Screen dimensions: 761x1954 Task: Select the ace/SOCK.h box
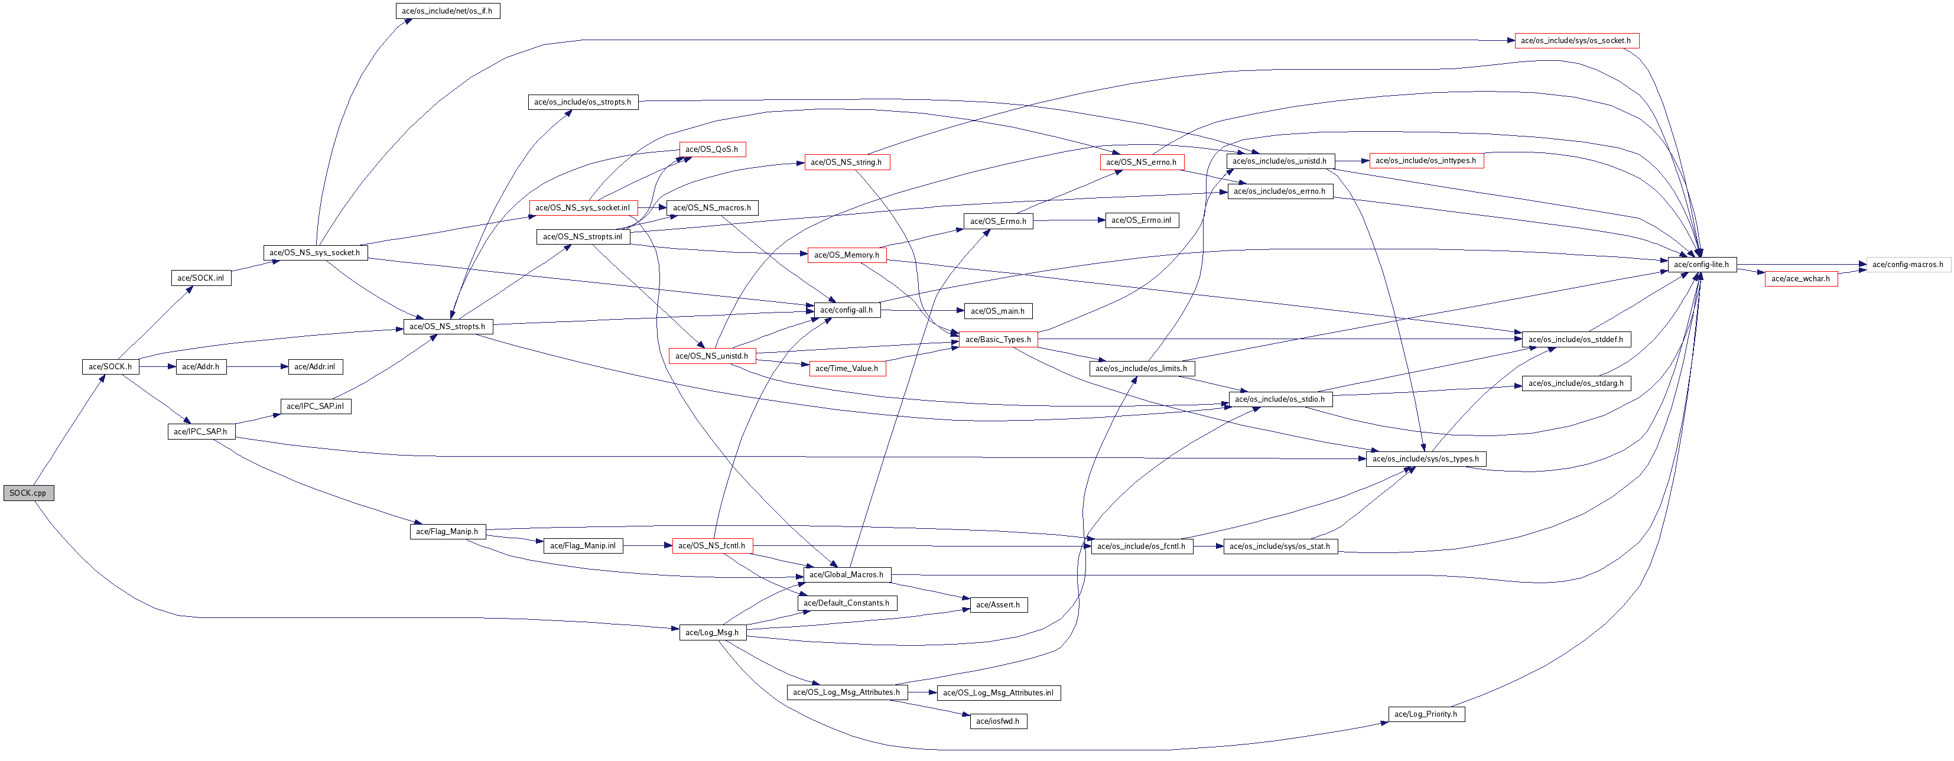[110, 366]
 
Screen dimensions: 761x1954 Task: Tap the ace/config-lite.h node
[1702, 265]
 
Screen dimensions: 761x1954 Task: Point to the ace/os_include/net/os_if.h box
[447, 11]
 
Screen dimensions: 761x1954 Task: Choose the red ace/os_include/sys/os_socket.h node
[1576, 40]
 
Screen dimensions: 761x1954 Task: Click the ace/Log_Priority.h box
[1426, 714]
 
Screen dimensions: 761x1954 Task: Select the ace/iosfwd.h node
[997, 721]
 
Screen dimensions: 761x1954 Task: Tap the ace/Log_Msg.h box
[711, 632]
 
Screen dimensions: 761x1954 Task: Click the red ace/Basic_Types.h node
[998, 339]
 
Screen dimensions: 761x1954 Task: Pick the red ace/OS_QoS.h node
[711, 149]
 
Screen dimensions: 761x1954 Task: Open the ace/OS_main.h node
[997, 311]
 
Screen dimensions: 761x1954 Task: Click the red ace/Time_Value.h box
[847, 368]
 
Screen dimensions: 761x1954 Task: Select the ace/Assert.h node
[997, 604]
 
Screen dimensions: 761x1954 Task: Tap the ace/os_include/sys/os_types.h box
[1425, 459]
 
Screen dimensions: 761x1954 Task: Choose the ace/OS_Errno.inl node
[1141, 220]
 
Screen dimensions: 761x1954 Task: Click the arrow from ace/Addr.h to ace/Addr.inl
[256, 366]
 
